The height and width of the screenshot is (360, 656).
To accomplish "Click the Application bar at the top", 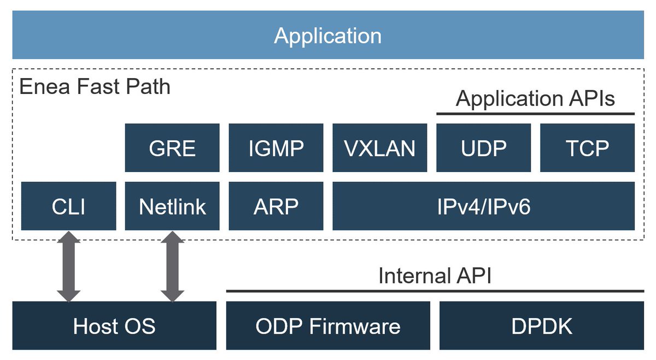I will click(x=328, y=36).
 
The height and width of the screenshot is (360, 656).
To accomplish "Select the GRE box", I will click(x=172, y=148).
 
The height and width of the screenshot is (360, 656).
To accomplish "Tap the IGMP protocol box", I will click(x=276, y=148).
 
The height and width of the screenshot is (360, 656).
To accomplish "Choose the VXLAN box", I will click(x=379, y=148).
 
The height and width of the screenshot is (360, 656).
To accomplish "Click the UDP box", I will click(x=483, y=148).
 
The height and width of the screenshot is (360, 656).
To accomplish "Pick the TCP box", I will click(x=587, y=148).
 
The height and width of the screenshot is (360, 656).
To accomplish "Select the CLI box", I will click(x=68, y=206).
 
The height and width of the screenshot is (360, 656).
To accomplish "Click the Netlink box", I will click(x=172, y=206).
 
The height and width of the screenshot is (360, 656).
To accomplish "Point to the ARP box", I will click(x=276, y=206).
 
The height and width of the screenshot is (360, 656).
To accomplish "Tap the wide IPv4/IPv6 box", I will click(x=483, y=206).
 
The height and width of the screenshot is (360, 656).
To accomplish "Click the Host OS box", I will click(x=114, y=326).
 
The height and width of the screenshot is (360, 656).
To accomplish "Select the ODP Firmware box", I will click(x=328, y=326).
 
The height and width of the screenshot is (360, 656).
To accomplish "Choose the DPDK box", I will click(x=542, y=326).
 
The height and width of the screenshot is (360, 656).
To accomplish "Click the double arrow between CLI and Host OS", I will click(x=69, y=266).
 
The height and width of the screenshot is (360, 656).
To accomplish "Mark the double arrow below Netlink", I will click(x=173, y=266).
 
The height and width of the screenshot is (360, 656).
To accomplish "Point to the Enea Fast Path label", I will click(x=95, y=86).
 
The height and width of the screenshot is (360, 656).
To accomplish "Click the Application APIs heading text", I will click(x=535, y=99).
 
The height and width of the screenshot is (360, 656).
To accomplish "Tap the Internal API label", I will click(x=435, y=276).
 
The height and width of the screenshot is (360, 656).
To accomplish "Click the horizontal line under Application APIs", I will click(x=535, y=114).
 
